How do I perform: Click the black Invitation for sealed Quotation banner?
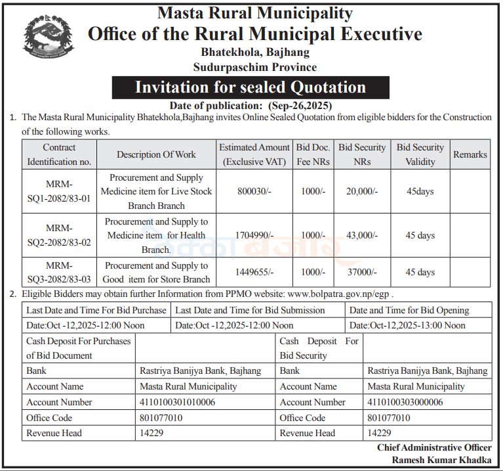251,87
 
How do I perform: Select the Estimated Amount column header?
254,154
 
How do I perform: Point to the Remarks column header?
470,154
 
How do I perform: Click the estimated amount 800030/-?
254,192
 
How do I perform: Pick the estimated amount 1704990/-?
254,235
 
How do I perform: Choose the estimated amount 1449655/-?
254,272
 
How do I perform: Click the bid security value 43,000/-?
362,235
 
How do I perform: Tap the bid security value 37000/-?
362,272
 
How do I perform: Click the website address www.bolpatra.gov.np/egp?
340,294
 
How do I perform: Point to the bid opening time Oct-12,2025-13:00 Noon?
407,325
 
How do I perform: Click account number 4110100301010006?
178,402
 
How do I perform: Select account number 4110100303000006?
405,402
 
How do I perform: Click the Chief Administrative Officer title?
433,447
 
